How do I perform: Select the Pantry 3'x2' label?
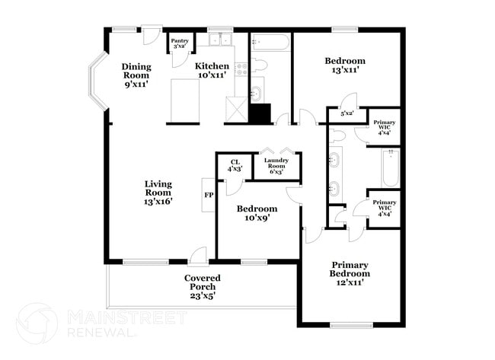(180, 43)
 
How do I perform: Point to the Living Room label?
(158, 193)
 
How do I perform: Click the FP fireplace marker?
(208, 195)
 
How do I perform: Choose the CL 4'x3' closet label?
(235, 164)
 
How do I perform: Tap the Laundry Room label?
(276, 166)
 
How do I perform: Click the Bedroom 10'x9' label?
(257, 213)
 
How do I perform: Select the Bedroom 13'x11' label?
(345, 65)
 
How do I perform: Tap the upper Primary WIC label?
(384, 126)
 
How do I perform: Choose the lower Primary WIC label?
(384, 207)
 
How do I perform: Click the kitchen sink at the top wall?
(221, 39)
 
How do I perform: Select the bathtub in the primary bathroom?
(390, 167)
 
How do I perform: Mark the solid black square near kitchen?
(260, 113)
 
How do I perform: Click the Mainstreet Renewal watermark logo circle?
(36, 323)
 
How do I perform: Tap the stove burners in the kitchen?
(242, 68)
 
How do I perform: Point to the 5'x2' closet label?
(346, 113)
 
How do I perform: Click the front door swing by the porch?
(198, 255)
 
